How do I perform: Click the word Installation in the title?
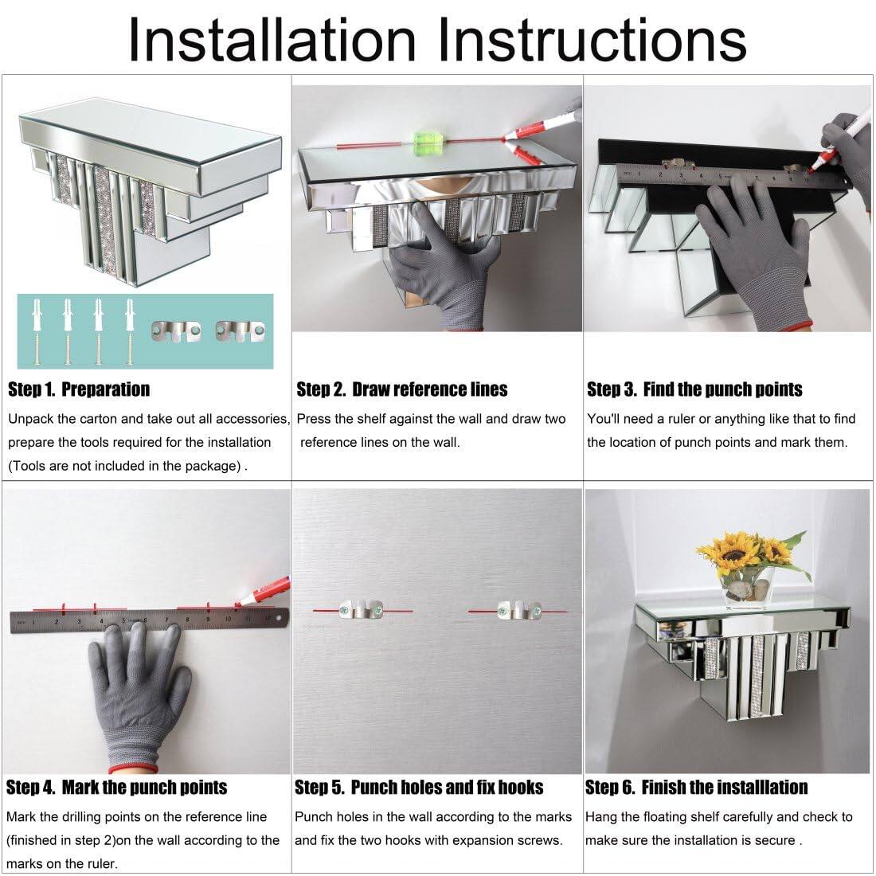click(272, 41)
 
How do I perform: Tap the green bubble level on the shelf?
click(426, 139)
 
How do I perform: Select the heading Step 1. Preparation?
click(79, 389)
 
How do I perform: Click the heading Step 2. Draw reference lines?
click(401, 389)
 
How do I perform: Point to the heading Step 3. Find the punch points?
click(694, 389)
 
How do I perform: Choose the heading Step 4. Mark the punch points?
click(117, 787)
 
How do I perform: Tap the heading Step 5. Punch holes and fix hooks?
click(419, 787)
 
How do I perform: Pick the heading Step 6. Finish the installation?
click(696, 787)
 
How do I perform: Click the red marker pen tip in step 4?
click(238, 604)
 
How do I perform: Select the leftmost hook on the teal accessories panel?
click(176, 332)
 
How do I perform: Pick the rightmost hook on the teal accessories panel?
click(241, 332)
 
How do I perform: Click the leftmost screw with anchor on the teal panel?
click(37, 332)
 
